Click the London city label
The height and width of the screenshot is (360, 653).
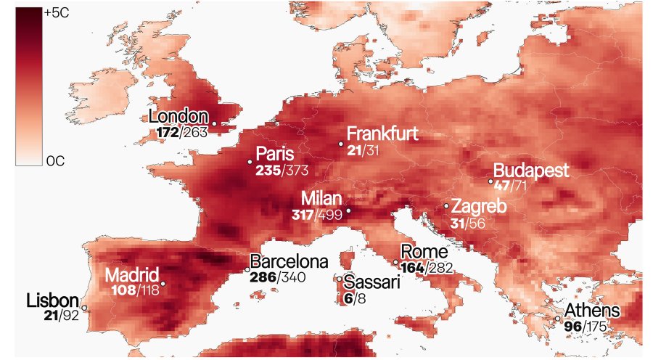pos(178,117)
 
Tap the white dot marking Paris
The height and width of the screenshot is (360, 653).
pos(250,162)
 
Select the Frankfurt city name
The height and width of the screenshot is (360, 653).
pos(382,135)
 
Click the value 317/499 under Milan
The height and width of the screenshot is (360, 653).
pos(317,215)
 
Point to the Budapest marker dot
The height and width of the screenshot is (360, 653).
pos(490,181)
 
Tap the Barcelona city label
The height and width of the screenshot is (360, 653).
pos(289,261)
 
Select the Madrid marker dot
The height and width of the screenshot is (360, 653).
pos(163,283)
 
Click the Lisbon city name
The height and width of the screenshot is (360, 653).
pos(52,300)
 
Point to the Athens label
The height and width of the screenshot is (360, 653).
pos(593,311)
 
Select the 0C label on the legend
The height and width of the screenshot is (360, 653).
pos(55,161)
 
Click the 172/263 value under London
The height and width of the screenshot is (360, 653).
pos(181,133)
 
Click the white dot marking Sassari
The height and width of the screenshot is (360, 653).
pos(340,279)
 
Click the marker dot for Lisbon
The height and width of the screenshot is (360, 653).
pos(85,308)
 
